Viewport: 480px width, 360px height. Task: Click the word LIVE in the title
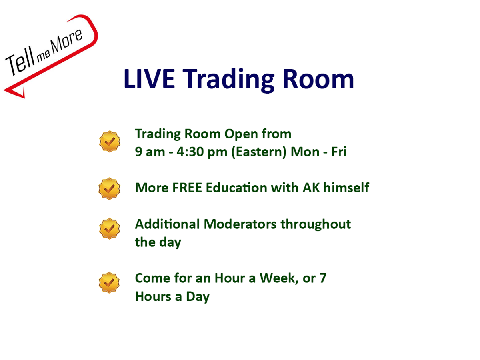(x=149, y=79)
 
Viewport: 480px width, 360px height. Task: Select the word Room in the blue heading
(x=318, y=79)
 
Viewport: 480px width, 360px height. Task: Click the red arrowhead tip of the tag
(x=4, y=90)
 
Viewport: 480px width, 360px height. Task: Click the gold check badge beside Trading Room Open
(x=110, y=142)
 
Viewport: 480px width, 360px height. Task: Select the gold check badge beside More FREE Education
(x=109, y=189)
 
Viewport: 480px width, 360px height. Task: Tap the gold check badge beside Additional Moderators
(x=110, y=229)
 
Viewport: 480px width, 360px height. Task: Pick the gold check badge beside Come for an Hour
(x=109, y=283)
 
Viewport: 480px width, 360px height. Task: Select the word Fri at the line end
(x=339, y=152)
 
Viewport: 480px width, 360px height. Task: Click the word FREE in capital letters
(x=187, y=188)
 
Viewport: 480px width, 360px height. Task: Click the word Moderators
(x=240, y=224)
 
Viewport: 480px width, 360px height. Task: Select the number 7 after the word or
(x=323, y=278)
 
